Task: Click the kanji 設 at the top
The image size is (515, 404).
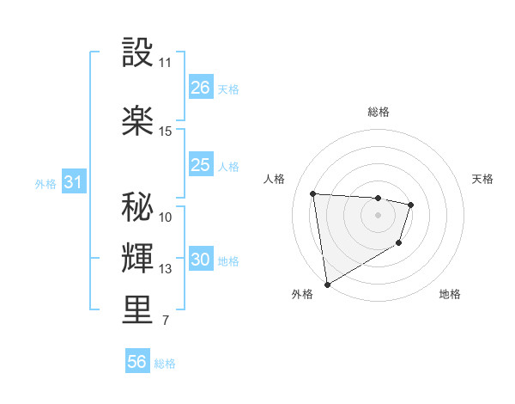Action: [x=138, y=52]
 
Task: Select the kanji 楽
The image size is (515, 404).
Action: [x=138, y=119]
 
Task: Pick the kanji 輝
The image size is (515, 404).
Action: [x=138, y=256]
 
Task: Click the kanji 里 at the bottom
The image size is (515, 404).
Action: [x=138, y=309]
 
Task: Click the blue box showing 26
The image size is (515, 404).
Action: [x=200, y=88]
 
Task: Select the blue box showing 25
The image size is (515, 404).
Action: [x=200, y=165]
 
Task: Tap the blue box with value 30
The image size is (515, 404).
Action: [x=200, y=260]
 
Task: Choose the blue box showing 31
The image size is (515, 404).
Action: [x=73, y=183]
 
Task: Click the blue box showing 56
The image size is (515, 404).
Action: [x=137, y=362]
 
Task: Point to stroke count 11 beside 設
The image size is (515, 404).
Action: [x=165, y=63]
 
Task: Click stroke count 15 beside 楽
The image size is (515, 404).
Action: [x=165, y=132]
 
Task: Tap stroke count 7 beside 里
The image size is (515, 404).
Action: [x=165, y=321]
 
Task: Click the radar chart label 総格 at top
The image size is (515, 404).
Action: [x=378, y=112]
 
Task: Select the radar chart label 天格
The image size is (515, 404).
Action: [x=482, y=179]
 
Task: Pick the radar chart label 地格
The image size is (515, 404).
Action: [x=449, y=295]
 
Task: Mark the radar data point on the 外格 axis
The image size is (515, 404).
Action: [x=327, y=284]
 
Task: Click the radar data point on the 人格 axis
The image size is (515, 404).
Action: [x=313, y=193]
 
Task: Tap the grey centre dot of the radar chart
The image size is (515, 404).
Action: [x=378, y=215]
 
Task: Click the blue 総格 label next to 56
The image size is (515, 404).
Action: [x=165, y=364]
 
